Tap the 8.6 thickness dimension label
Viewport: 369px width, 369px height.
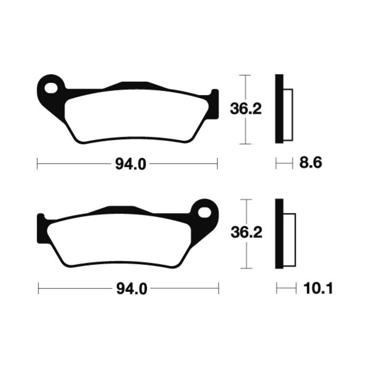(310, 163)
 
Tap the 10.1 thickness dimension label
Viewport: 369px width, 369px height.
(318, 289)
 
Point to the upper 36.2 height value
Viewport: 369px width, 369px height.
(246, 109)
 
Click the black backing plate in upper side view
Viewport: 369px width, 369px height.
(279, 109)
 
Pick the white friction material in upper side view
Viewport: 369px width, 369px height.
(287, 115)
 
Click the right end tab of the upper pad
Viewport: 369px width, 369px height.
(214, 104)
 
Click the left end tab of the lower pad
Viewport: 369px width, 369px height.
(40, 228)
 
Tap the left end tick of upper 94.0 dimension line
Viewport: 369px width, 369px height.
(37, 163)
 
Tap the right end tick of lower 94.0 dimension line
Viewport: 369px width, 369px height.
(218, 289)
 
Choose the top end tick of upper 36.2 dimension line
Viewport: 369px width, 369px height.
(246, 75)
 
